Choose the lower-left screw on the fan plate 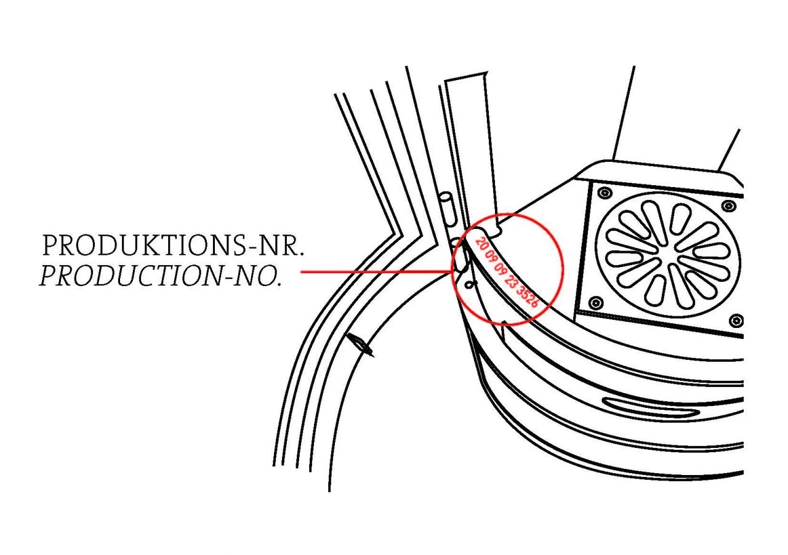pyautogui.click(x=595, y=302)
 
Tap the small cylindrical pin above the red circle pyautogui.click(x=448, y=210)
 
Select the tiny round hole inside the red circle pyautogui.click(x=471, y=284)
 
